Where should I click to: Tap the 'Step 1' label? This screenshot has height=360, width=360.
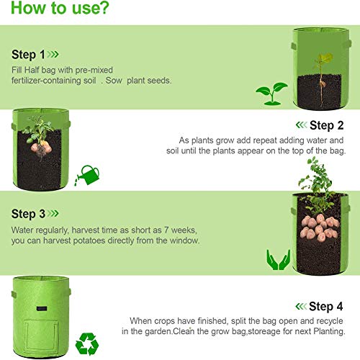[28, 54]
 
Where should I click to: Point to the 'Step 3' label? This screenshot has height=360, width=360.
[28, 214]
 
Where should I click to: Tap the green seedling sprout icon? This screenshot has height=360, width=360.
[271, 92]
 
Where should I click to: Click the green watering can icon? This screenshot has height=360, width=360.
[89, 174]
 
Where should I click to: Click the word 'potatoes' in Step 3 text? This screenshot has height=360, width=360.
[120, 240]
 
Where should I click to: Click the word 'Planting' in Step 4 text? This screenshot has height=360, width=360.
[330, 331]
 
